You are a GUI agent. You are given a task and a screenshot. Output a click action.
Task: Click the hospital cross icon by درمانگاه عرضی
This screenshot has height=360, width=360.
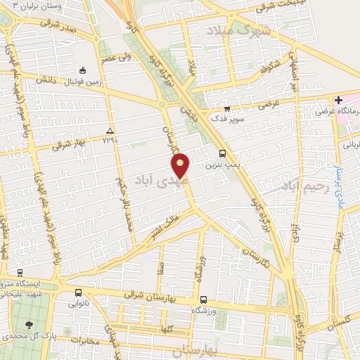[x=338, y=101]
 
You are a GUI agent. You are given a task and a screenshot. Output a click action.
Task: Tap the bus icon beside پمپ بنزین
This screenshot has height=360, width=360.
[x=222, y=154]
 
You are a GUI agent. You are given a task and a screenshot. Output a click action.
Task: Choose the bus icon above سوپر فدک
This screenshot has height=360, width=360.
[x=226, y=109]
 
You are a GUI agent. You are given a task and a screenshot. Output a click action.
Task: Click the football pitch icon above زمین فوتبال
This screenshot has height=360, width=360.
[x=83, y=70]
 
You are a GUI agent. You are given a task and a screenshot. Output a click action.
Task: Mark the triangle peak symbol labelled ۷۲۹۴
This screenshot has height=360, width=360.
[x=109, y=131]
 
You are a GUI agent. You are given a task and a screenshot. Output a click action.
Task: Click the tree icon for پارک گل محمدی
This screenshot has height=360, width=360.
[x=29, y=325]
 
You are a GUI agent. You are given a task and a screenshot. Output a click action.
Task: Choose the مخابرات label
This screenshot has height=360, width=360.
[x=88, y=342]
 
